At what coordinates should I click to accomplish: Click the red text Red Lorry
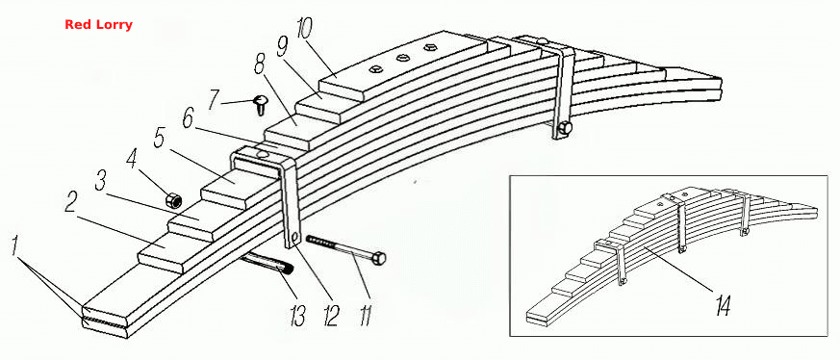pos(98,25)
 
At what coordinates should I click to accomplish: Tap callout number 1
pos(16,247)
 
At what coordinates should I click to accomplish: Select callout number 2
pos(70,201)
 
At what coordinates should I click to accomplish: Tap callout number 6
pos(188,119)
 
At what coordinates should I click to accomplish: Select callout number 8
pos(259,65)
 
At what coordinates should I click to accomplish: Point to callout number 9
pos(282,49)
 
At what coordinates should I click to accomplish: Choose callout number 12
pos(331,316)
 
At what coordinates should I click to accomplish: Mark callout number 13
pos(296,316)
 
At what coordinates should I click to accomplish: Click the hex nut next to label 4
pos(173,200)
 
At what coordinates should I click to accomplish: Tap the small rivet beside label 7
pos(261,105)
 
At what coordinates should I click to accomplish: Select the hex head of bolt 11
pos(379,259)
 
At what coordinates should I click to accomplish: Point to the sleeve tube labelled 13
pos(267,267)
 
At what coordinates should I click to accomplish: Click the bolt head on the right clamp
pos(564,129)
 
